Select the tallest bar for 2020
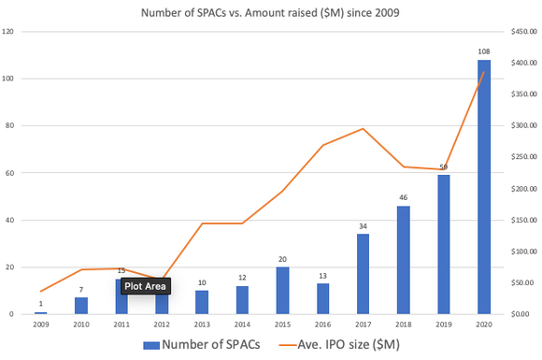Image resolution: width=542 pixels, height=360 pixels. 483,187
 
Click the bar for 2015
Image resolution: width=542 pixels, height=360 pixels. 282,291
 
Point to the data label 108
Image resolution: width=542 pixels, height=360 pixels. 483,52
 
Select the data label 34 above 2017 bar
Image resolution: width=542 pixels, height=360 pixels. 363,226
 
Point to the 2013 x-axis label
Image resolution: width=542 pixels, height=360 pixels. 202,324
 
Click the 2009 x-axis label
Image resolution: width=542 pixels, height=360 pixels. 41,324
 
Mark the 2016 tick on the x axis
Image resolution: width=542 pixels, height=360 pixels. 322,324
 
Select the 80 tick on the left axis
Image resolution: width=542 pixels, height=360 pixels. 10,126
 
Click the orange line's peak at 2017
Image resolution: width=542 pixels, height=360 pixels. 363,129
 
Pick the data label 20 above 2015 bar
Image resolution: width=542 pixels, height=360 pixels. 282,259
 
